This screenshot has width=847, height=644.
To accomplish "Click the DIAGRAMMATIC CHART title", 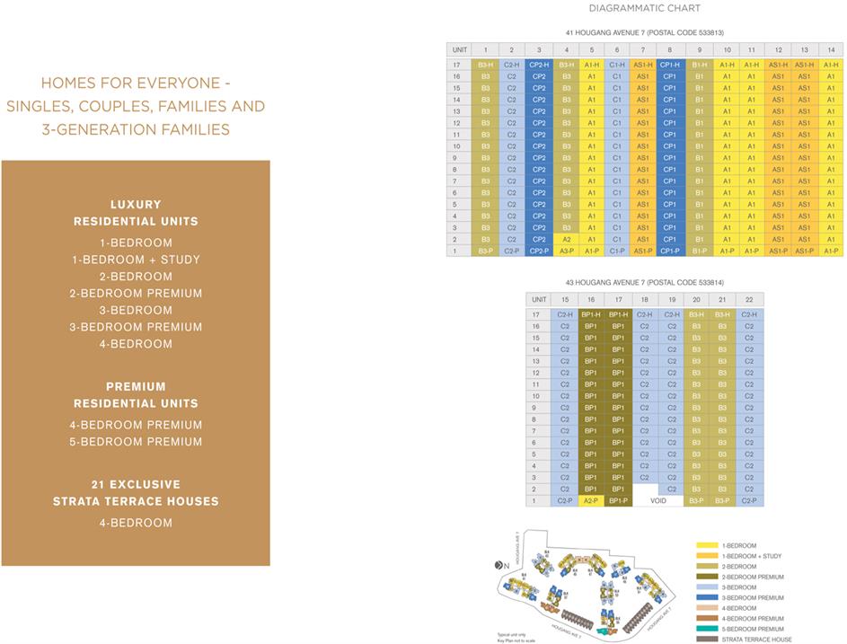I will point(644,8).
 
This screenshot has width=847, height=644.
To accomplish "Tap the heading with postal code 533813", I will point(644,33).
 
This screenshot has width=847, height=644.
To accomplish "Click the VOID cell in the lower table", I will point(657,500).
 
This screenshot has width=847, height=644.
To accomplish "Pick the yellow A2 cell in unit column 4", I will point(566,239).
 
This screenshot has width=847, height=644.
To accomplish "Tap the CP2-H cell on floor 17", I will point(539,65).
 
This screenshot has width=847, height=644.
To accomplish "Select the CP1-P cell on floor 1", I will point(670,251).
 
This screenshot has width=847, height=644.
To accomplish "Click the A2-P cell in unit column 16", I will point(590,500).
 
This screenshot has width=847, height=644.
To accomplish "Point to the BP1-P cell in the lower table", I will point(618,500).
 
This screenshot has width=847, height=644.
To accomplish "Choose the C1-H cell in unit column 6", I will point(617,65).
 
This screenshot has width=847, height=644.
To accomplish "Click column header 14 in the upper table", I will point(831,49).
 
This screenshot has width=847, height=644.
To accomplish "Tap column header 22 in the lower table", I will point(749,299).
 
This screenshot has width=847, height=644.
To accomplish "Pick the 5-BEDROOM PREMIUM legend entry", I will point(754,629).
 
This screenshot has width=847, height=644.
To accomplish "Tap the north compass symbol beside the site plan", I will point(501,564).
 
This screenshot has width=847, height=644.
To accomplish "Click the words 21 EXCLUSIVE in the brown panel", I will point(136,484).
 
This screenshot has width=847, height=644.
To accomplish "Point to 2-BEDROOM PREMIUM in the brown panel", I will point(136,293).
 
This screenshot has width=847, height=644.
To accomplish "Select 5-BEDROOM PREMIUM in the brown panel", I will point(136,441).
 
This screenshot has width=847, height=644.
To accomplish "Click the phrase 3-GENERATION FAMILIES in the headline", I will point(136,129).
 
